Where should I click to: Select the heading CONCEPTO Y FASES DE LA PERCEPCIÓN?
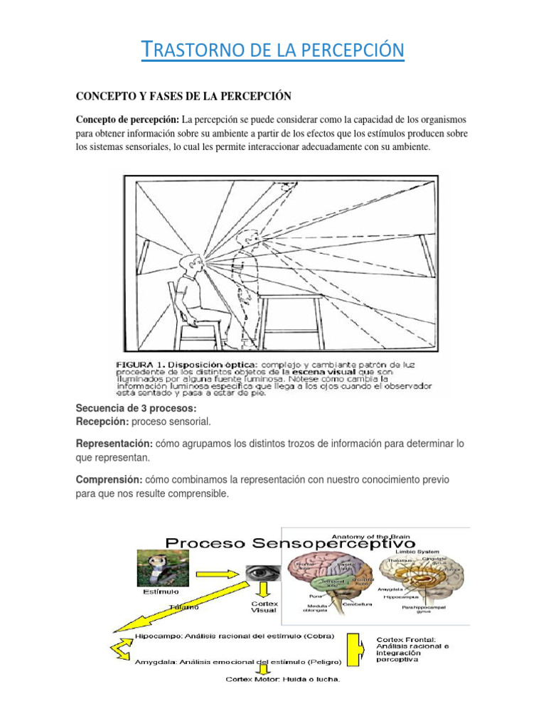[x=184, y=96]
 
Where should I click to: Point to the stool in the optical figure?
[x=284, y=313]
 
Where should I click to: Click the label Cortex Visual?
[x=264, y=606]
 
